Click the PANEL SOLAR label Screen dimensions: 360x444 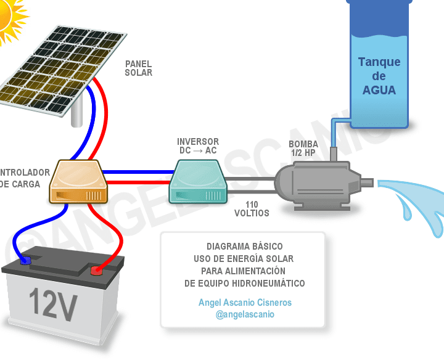point(138,68)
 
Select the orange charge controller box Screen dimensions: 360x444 point(79,181)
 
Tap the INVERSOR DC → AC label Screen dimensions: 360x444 point(197,146)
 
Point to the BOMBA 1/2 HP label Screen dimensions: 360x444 point(303,149)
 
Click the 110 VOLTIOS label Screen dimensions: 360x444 point(252,209)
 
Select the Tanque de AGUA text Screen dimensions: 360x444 point(379,76)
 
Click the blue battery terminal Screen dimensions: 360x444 point(25,260)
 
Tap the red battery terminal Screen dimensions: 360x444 point(97,270)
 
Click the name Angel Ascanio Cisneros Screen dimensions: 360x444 point(245,303)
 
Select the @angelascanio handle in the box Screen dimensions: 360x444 point(245,314)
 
